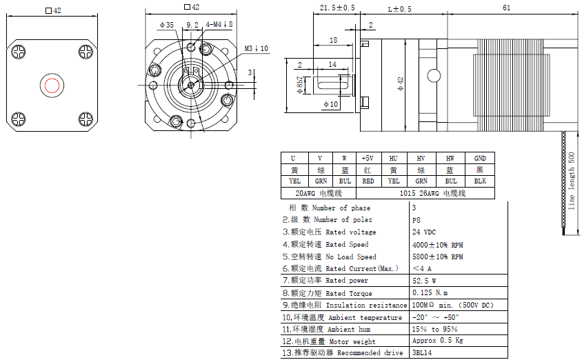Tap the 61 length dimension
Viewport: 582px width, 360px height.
506,8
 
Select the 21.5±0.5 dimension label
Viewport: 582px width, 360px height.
338,8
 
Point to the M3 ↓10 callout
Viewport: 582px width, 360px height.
256,48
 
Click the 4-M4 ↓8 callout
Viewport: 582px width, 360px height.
219,24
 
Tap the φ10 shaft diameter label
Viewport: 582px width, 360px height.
330,104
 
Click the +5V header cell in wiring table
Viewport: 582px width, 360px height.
368,158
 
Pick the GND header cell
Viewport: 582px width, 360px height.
480,158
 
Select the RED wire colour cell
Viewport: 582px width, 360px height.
368,181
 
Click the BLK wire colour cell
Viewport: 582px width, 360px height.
480,181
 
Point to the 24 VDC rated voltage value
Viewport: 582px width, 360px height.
424,232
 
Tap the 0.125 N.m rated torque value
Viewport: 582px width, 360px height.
430,292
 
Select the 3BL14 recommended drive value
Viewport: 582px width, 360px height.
422,353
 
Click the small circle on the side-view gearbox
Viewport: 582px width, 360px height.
434,74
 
